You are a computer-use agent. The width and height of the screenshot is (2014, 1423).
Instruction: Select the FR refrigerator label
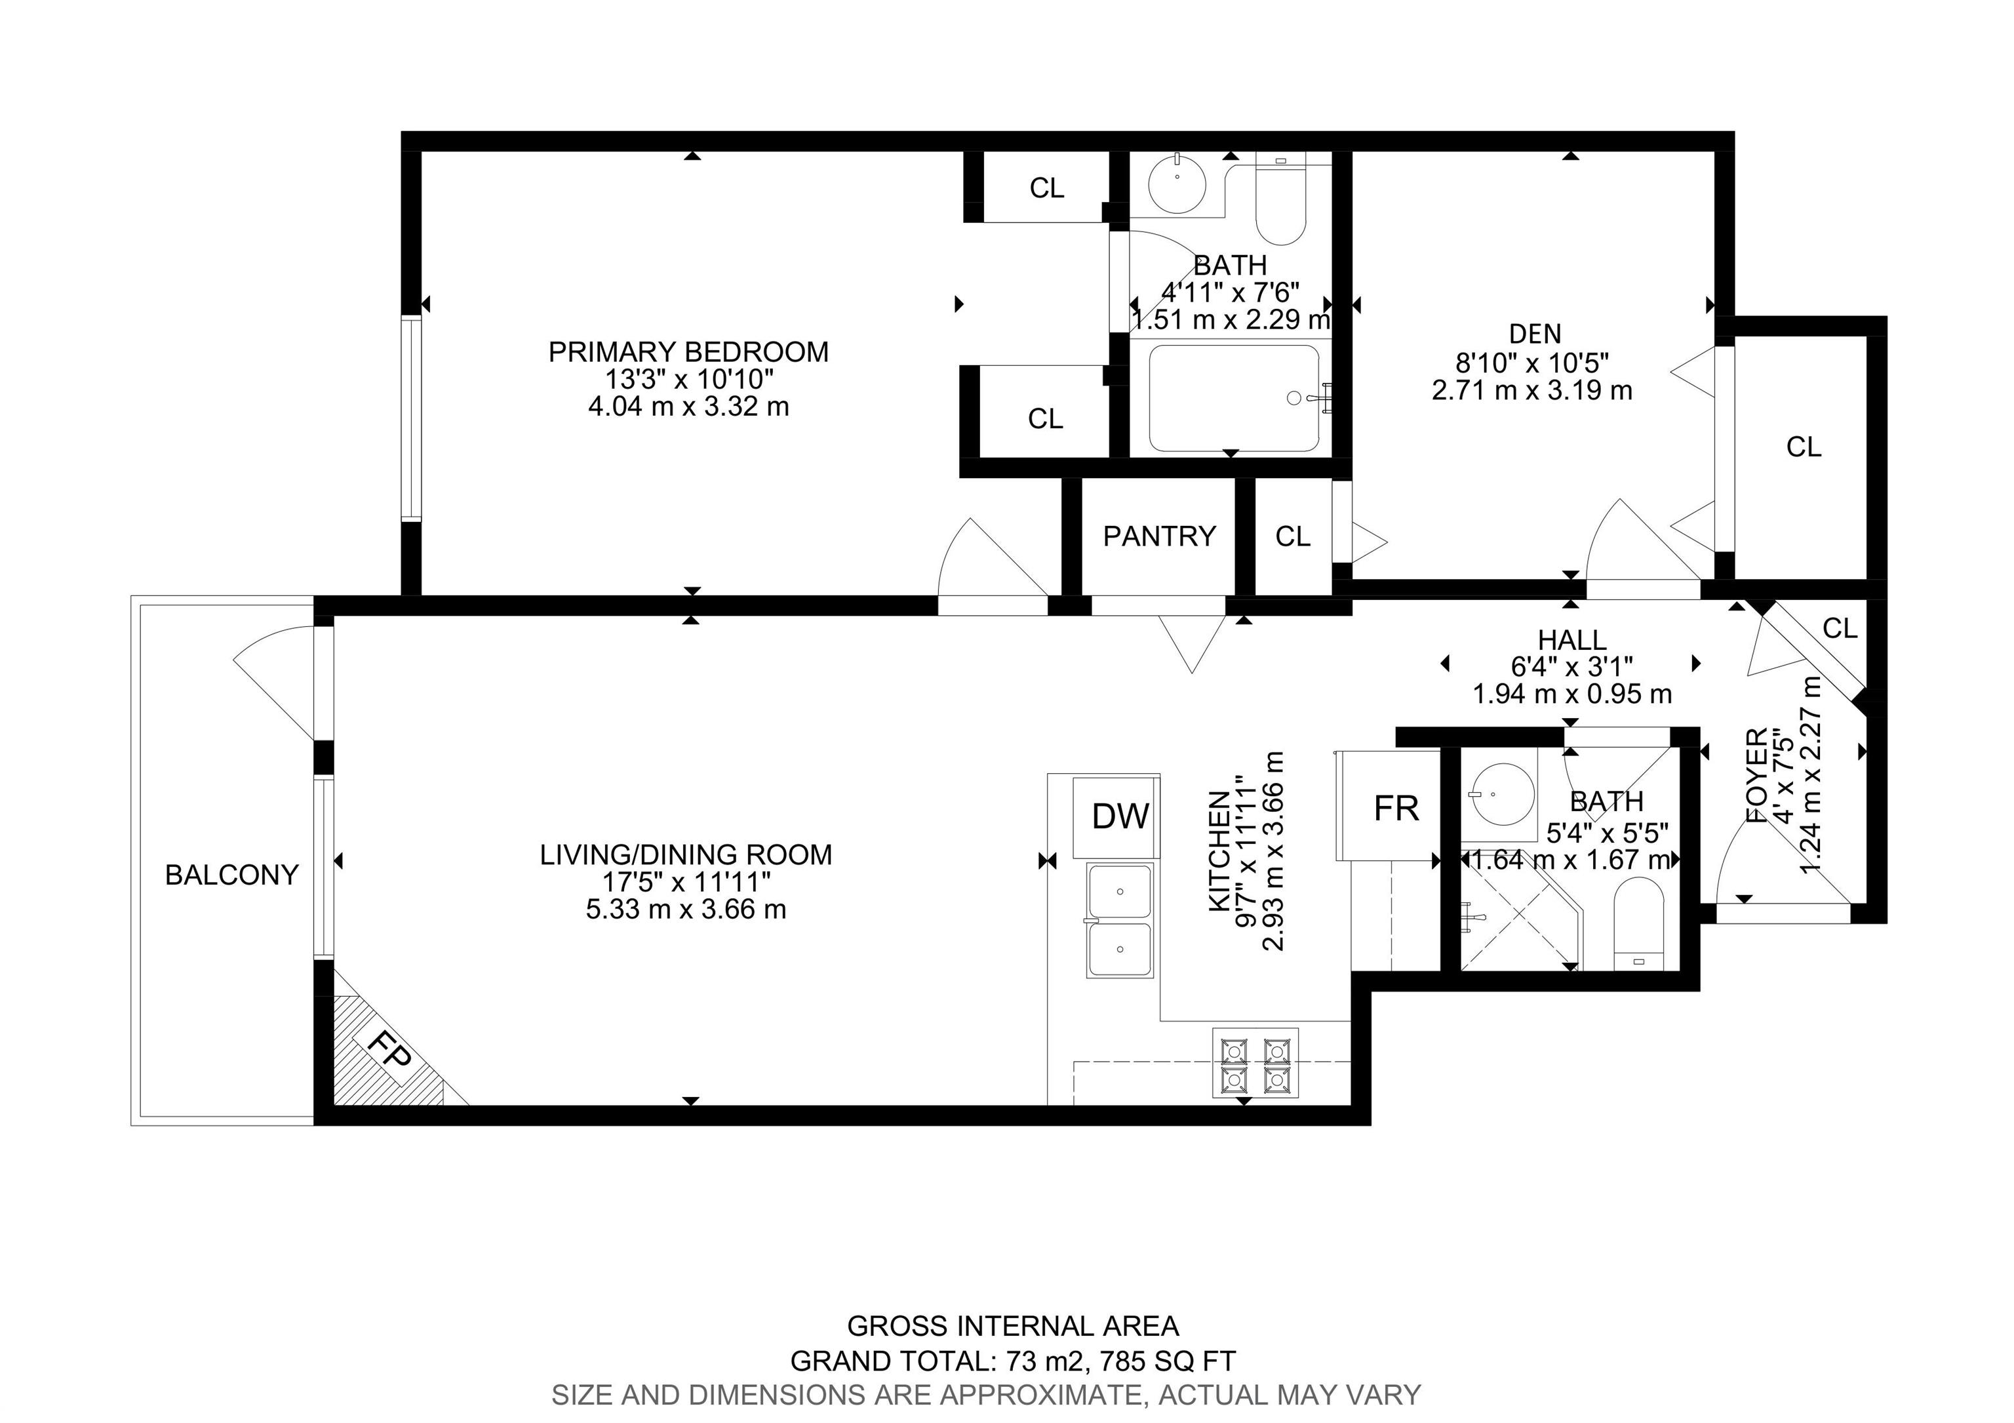pyautogui.click(x=1396, y=808)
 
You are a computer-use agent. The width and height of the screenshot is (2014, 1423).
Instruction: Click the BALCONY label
pyautogui.click(x=231, y=875)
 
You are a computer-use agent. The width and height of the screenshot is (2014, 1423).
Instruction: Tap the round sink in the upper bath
pyautogui.click(x=1177, y=185)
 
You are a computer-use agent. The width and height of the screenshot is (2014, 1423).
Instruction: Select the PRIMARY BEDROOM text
pyautogui.click(x=688, y=351)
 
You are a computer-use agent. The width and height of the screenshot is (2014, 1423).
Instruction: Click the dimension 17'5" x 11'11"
pyautogui.click(x=685, y=882)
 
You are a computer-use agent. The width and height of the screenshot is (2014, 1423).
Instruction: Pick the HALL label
pyautogui.click(x=1572, y=639)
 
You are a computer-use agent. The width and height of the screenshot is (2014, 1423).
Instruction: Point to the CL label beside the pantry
pyautogui.click(x=1292, y=536)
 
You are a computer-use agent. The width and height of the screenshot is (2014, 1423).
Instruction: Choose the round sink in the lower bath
pyautogui.click(x=1502, y=794)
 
